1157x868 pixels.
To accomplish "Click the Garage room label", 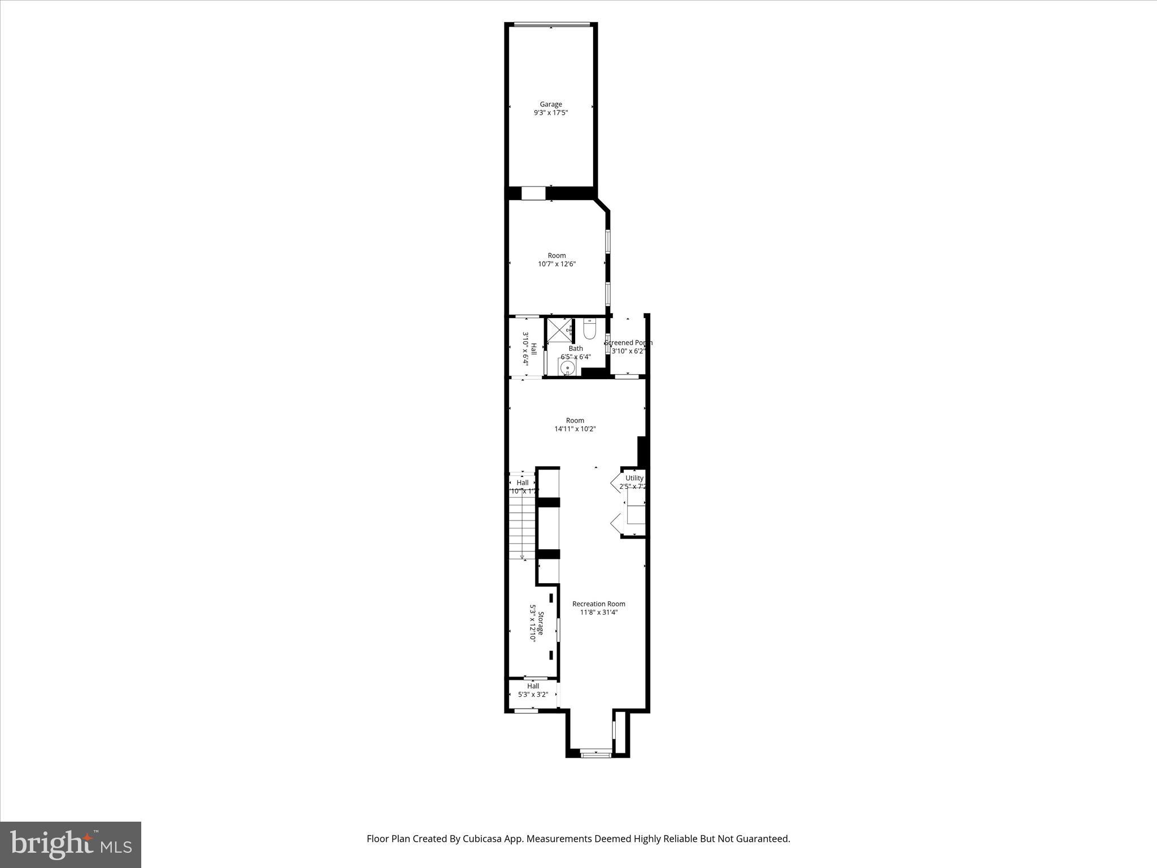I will tap(551, 104).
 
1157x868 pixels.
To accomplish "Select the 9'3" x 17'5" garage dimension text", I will tap(551, 113).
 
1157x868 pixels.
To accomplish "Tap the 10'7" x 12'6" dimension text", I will tap(556, 264).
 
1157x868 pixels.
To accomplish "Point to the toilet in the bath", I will tap(589, 329).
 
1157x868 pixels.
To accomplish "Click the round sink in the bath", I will tap(567, 367).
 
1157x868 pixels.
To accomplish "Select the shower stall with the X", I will tap(559, 330).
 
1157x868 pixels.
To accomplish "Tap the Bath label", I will tap(576, 349).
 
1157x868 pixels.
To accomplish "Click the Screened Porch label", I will tap(628, 342).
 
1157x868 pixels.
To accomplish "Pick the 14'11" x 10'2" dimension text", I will tap(575, 429).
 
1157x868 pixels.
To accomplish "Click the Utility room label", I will tap(634, 478).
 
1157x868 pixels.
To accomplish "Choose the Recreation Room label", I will tap(599, 604).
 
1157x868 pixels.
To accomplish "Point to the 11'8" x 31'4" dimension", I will tap(599, 612).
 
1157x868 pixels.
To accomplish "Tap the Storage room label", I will tap(541, 623).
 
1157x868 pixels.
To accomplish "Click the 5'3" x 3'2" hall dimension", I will tap(533, 695).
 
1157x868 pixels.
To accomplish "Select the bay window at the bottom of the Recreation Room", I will tap(596, 753).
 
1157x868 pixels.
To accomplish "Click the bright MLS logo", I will tap(71, 844).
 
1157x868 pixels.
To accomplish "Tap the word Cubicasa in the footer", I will tap(482, 839).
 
